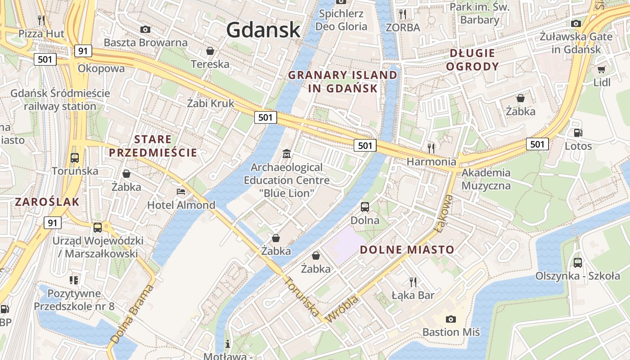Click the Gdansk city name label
point(263,30)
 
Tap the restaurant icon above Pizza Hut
point(41,20)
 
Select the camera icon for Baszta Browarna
point(145,29)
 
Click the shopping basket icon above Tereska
point(210,51)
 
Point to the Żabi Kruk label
point(211,103)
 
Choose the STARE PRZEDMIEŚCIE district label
point(153,146)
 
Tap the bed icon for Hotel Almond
point(181,192)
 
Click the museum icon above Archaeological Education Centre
point(286,154)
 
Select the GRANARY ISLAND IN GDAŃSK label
point(343,81)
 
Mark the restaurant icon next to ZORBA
point(403,14)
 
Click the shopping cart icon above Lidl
point(601,69)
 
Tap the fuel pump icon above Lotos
point(578,133)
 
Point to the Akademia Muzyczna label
point(486,179)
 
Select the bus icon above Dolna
point(365,207)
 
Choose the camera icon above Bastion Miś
point(450,319)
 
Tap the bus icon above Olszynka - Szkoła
point(578,263)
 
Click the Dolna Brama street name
point(131,317)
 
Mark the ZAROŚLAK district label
point(47,202)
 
